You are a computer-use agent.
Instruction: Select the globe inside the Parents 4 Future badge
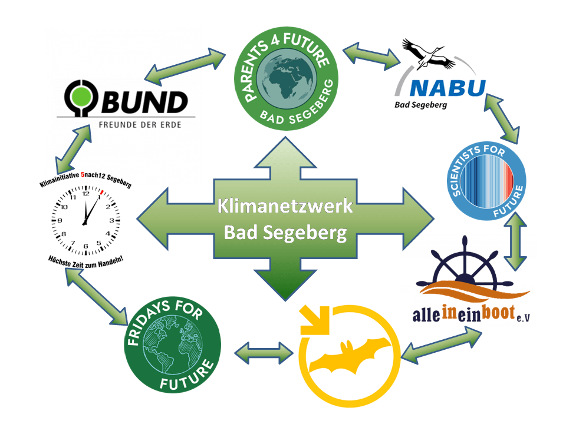click(x=288, y=77)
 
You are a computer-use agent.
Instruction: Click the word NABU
click(x=447, y=90)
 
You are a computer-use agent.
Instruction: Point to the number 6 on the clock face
click(x=87, y=243)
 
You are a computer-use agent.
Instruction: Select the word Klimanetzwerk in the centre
click(x=285, y=207)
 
